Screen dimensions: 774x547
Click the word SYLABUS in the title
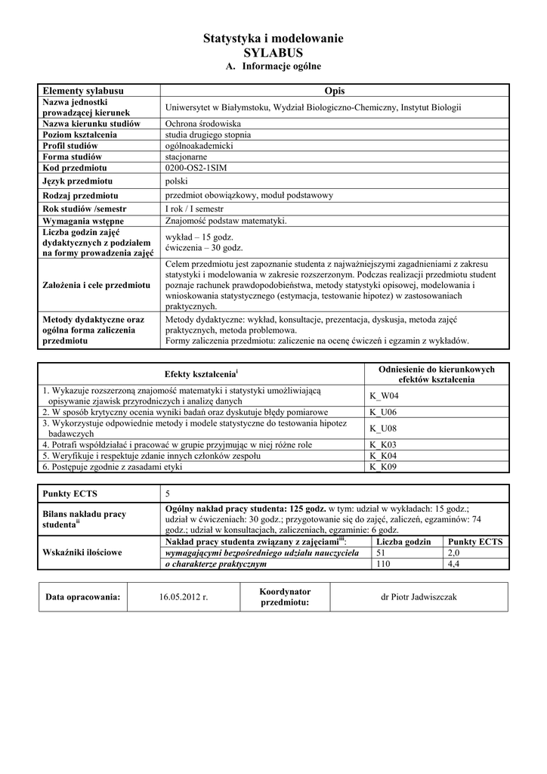[273, 53]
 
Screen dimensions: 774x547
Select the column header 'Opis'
[334, 91]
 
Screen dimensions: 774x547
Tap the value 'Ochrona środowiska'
[202, 123]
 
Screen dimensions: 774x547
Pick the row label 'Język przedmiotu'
[78, 181]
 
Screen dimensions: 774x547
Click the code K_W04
[384, 395]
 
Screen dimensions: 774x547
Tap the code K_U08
[383, 429]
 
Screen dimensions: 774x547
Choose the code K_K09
[383, 467]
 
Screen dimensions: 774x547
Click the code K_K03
[383, 445]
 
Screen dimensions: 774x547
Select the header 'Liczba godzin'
[403, 542]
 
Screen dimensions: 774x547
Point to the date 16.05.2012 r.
[183, 597]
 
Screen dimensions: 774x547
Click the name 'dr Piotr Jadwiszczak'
[419, 597]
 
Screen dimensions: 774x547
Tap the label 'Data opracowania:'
[83, 597]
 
